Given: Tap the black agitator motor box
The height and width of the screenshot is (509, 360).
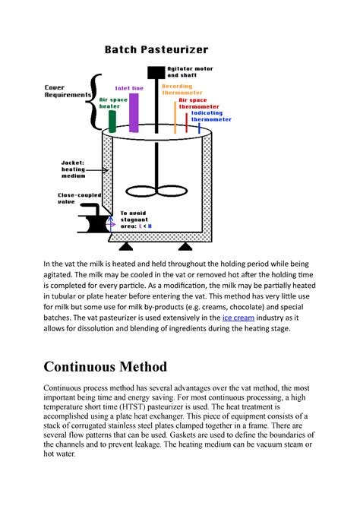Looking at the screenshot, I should pos(155,73).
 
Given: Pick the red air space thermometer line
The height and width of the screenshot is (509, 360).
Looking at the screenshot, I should pos(187,122).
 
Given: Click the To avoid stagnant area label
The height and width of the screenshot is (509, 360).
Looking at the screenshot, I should pos(137,220).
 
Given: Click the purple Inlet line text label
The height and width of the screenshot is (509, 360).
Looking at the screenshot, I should pos(129,88).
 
